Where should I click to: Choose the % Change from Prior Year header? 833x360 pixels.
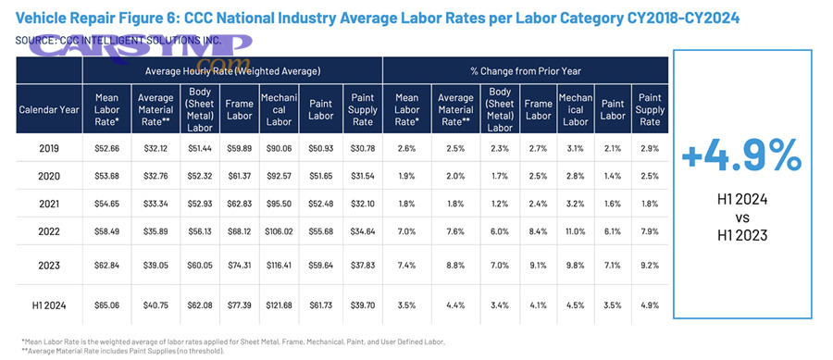coord(525,70)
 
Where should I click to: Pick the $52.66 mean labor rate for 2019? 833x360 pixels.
coord(109,147)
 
